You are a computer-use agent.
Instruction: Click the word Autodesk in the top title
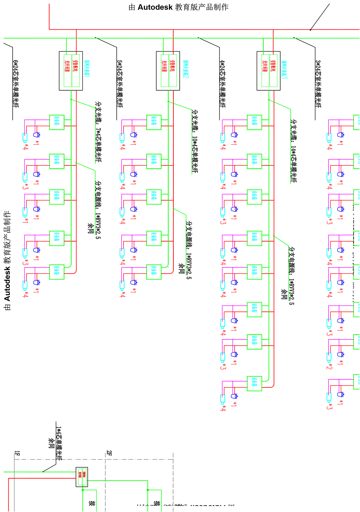click(x=155, y=7)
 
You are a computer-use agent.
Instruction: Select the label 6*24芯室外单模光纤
click(x=16, y=84)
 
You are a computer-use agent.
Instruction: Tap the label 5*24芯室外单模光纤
click(x=120, y=84)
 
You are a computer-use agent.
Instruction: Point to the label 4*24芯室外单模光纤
click(x=223, y=84)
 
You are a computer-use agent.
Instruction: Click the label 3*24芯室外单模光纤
click(x=318, y=84)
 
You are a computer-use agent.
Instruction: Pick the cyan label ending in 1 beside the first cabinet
click(x=86, y=69)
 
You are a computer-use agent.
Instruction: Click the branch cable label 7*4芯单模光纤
click(x=98, y=132)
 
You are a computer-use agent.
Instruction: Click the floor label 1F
click(x=17, y=453)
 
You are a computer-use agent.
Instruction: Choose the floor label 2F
click(x=109, y=453)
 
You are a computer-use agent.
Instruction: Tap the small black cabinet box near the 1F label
click(x=82, y=477)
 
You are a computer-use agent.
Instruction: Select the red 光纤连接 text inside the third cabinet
click(x=265, y=66)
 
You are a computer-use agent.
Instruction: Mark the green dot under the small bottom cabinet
click(x=83, y=490)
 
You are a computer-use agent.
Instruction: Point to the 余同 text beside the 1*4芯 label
click(x=51, y=443)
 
